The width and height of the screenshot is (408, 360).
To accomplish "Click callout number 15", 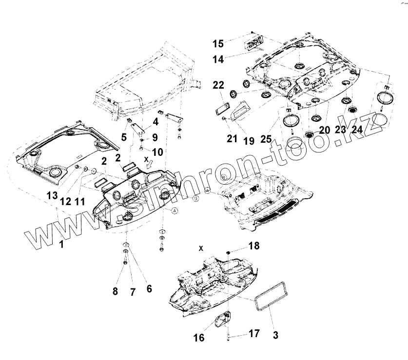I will pos(218,43).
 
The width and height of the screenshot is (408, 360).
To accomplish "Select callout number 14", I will pos(218,59).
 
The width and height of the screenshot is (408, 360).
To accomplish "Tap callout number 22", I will pos(218,85).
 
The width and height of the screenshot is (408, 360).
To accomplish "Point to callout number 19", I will pos(249,142).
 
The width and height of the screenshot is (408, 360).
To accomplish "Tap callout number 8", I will pos(115,291).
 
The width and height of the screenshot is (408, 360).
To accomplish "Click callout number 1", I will pos(61,245).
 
